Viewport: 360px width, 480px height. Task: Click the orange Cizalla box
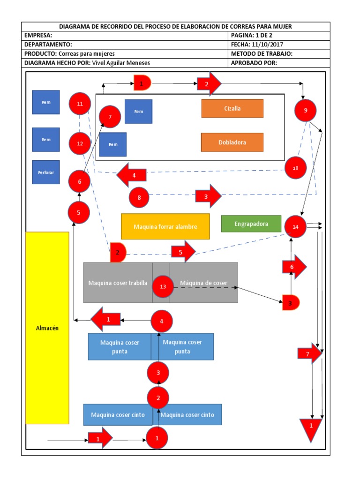(x=232, y=108)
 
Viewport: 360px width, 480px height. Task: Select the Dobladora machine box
(x=232, y=142)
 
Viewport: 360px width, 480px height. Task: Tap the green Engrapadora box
(x=251, y=224)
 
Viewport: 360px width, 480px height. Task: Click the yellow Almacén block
(x=47, y=328)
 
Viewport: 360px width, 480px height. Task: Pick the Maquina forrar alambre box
(x=165, y=226)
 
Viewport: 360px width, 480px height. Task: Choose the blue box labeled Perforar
(x=45, y=172)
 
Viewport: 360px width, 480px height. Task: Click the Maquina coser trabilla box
(x=118, y=283)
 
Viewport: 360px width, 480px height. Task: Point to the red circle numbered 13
(x=163, y=286)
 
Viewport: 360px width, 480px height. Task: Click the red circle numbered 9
(x=306, y=111)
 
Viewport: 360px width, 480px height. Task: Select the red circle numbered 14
(x=295, y=226)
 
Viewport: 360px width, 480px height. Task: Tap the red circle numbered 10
(x=295, y=168)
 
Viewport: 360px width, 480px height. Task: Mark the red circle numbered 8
(x=139, y=197)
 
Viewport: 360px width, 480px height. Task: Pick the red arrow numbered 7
(x=309, y=354)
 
